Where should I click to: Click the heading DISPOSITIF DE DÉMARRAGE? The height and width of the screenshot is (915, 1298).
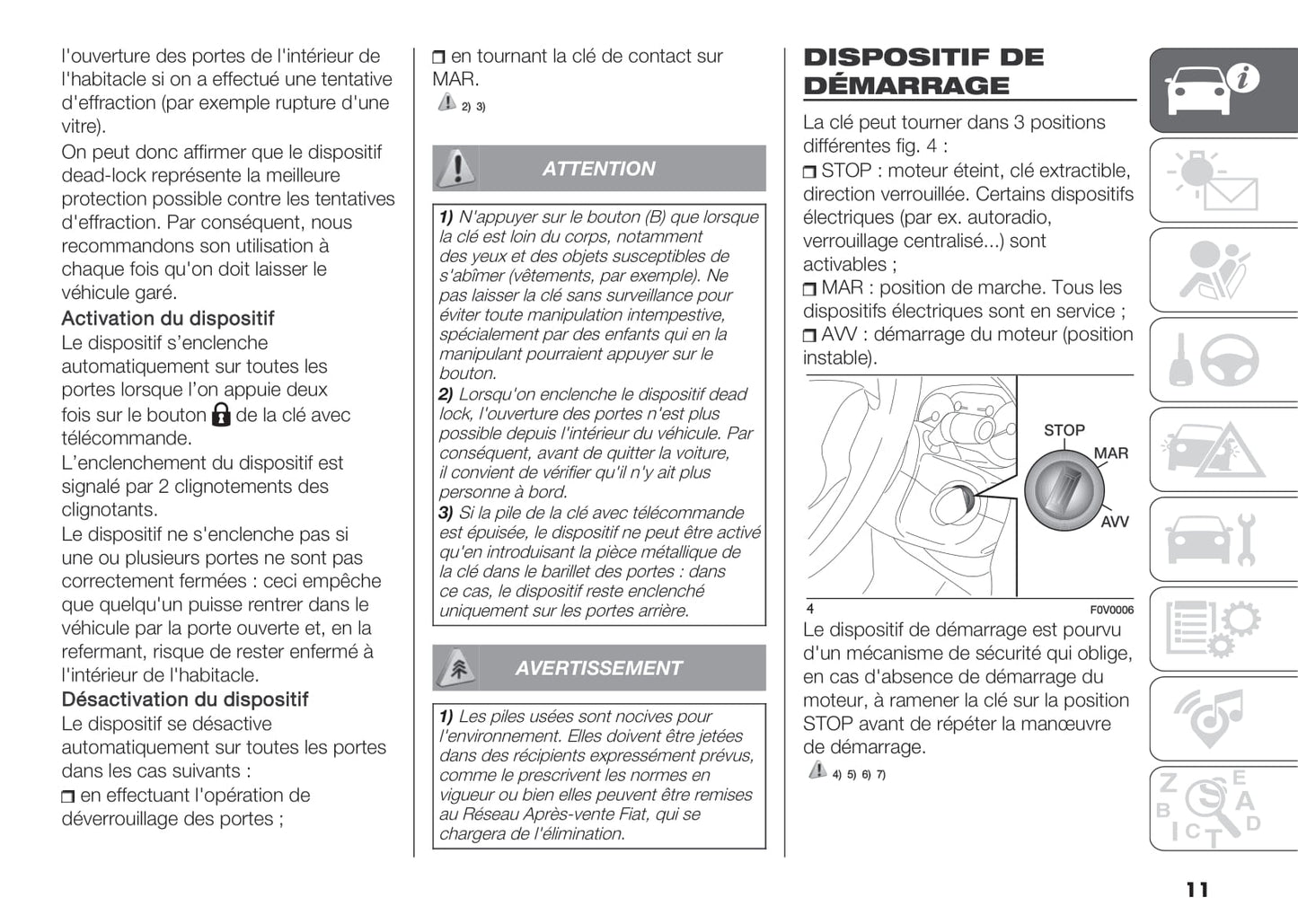[923, 71]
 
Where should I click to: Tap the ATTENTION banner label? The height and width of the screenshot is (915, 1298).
[598, 169]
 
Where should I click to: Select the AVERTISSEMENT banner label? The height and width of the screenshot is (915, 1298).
[598, 668]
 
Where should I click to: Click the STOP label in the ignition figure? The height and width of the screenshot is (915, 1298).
[1064, 430]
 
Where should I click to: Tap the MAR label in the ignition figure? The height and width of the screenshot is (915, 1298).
[1110, 453]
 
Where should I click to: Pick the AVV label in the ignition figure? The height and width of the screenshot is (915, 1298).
[1114, 522]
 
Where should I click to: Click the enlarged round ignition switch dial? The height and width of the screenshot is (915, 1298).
[1064, 490]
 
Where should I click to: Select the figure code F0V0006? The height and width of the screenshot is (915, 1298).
[1111, 610]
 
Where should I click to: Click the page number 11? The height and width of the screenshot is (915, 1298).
[1196, 889]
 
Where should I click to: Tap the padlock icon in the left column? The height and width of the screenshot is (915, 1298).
[221, 414]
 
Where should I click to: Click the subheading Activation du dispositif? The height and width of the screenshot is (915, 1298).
[168, 319]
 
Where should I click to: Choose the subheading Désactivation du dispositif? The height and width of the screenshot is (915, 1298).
[185, 699]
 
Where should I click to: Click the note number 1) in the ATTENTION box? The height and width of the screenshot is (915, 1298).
[446, 217]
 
